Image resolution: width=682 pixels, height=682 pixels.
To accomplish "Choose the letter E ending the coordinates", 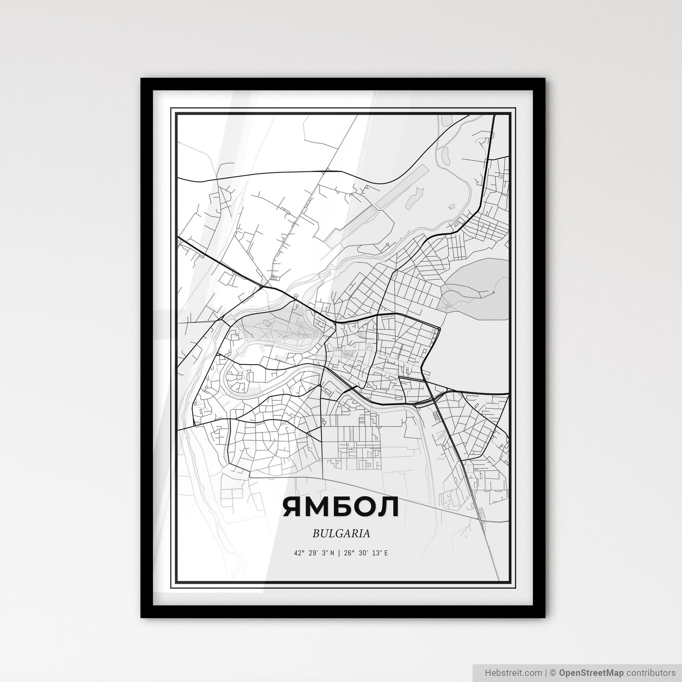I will tap(386, 553).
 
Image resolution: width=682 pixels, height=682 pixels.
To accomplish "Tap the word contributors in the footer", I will tap(650, 672).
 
